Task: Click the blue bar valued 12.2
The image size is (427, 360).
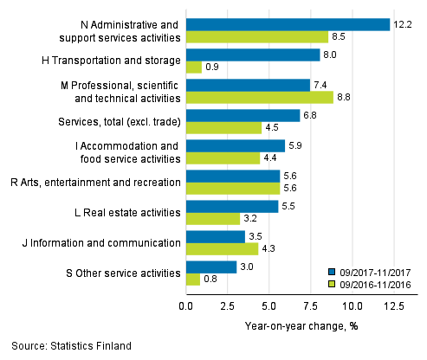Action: [x=288, y=24]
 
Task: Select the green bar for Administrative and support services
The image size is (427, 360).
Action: [x=257, y=37]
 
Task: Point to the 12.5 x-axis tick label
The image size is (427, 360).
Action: [x=394, y=307]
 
